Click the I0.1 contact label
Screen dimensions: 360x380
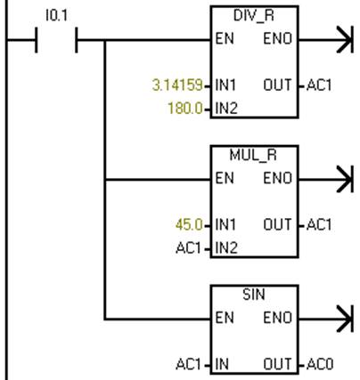(57, 15)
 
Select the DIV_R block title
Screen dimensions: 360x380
(254, 16)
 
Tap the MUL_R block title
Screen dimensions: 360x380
(253, 155)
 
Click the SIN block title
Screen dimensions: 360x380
(254, 295)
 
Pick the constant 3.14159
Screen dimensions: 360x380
(177, 85)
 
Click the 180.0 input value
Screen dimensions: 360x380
(185, 108)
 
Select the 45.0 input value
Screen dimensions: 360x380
(189, 224)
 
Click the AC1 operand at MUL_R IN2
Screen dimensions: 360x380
(188, 248)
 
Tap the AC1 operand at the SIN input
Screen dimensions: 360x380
(188, 364)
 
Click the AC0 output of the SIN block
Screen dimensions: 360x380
(320, 364)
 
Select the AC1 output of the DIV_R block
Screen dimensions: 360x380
(319, 85)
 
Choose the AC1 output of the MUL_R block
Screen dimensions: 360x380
(319, 224)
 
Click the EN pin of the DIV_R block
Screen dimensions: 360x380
(225, 39)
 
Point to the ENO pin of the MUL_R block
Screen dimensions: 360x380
(278, 178)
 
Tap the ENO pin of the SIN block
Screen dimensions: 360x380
(278, 318)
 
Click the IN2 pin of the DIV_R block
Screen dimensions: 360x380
(226, 109)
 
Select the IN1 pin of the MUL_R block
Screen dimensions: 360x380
(225, 224)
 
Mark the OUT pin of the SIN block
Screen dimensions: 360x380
(277, 364)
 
